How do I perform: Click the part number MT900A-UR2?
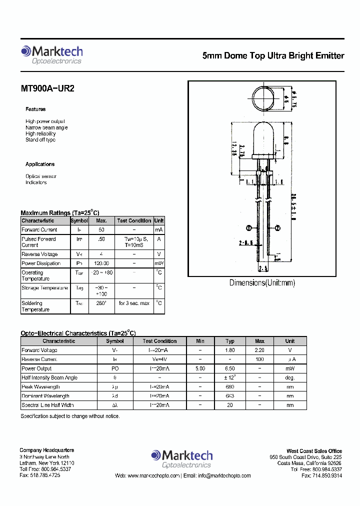point(47,88)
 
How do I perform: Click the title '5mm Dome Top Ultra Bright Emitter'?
point(273,56)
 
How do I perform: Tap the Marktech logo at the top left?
point(51,54)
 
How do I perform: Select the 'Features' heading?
point(35,109)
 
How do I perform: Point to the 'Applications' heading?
point(40,164)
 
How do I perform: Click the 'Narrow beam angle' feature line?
point(46,127)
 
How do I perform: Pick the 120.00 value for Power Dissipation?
point(101,263)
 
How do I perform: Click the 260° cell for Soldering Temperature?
point(101,303)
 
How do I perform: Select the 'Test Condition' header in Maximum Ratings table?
point(134,220)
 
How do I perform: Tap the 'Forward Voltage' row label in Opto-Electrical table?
point(39,350)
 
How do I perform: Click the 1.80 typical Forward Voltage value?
point(230,350)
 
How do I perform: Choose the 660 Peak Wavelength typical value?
point(230,387)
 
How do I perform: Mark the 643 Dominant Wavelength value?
point(230,396)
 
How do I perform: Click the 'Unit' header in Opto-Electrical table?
point(290,341)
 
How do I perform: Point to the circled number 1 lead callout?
point(248,228)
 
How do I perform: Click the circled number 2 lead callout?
point(276,228)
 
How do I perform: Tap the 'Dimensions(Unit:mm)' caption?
point(262,283)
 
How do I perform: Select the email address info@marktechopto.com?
point(218,475)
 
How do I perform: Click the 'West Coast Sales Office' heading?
point(314,451)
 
